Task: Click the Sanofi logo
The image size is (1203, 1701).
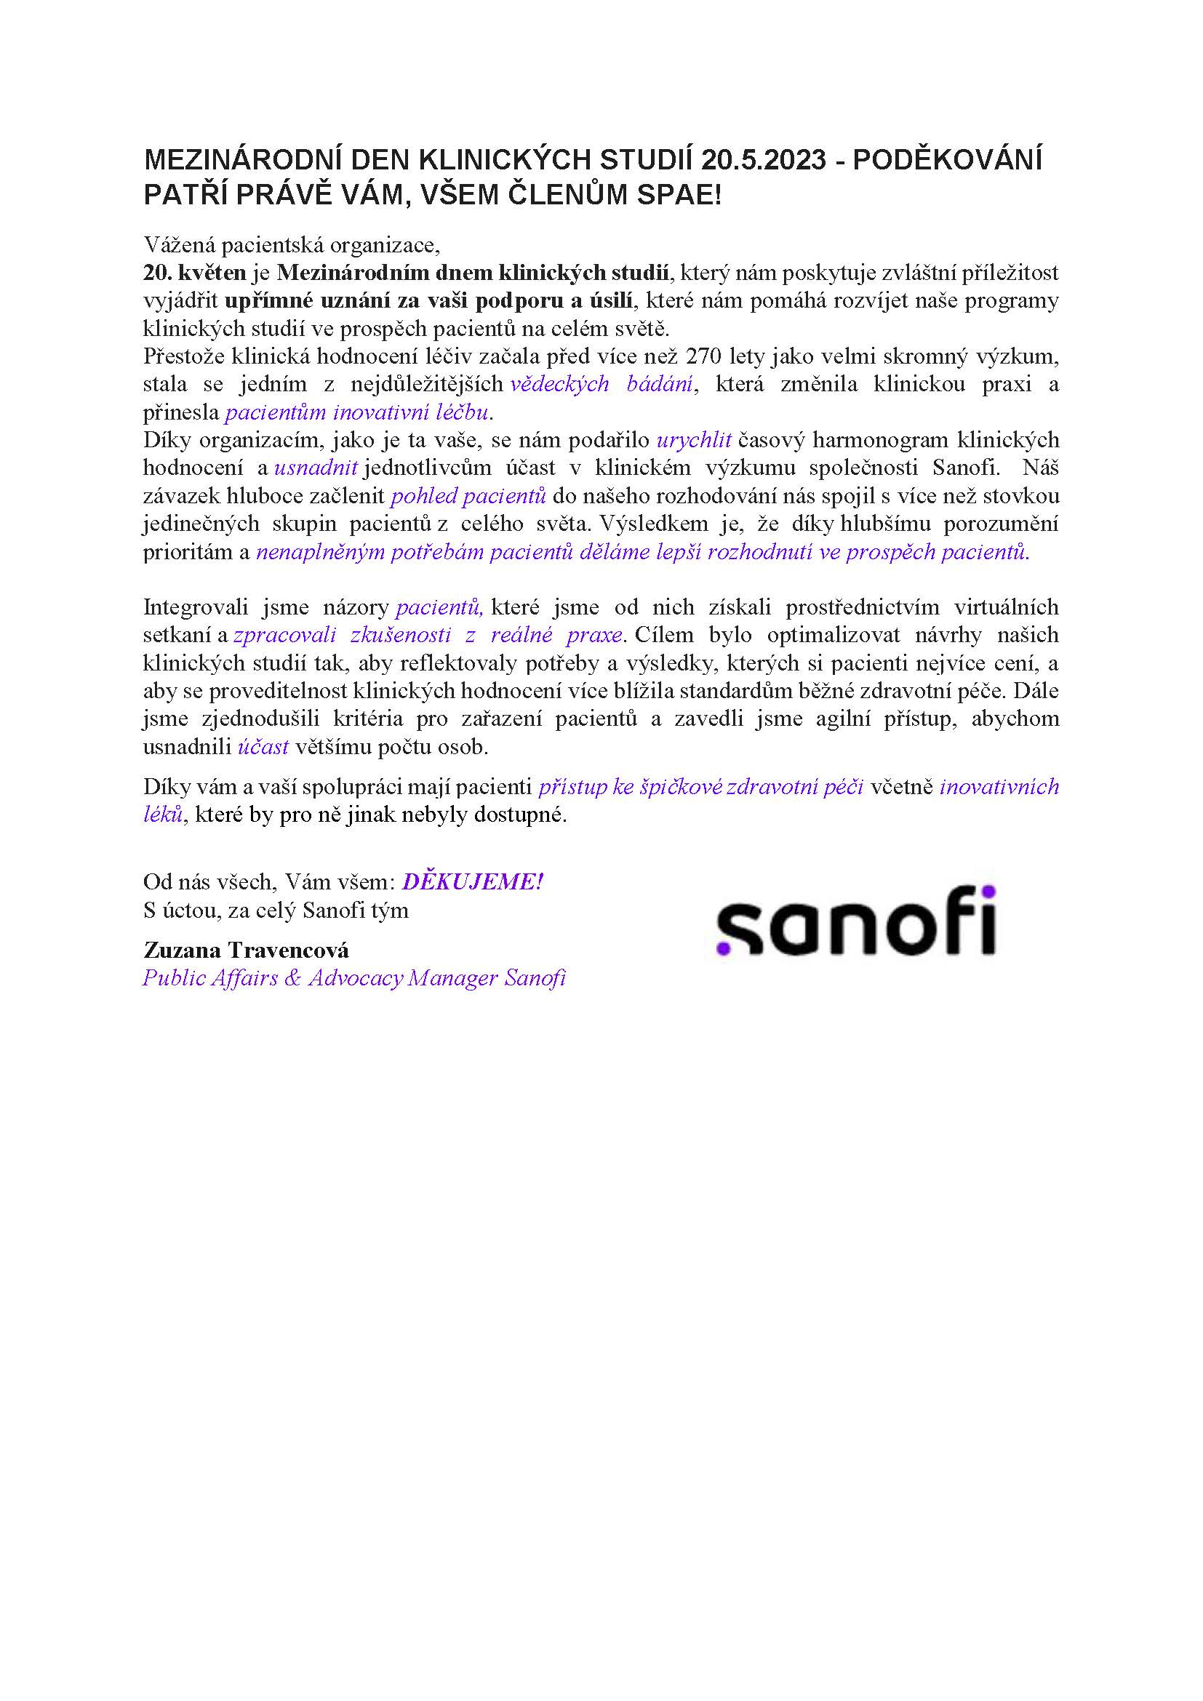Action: click(855, 921)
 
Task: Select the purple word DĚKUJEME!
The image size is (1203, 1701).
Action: click(473, 881)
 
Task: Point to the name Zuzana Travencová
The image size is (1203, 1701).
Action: click(246, 950)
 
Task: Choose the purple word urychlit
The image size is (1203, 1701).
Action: click(694, 440)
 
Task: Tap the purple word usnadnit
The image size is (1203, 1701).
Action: click(316, 468)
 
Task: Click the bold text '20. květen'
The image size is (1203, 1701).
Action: click(194, 273)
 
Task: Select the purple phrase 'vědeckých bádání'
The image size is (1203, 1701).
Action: click(601, 385)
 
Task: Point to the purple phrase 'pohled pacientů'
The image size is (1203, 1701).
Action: click(468, 496)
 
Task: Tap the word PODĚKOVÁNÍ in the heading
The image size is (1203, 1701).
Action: click(948, 160)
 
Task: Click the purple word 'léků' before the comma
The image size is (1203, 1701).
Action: click(162, 815)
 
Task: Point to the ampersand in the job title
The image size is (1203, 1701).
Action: click(292, 978)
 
